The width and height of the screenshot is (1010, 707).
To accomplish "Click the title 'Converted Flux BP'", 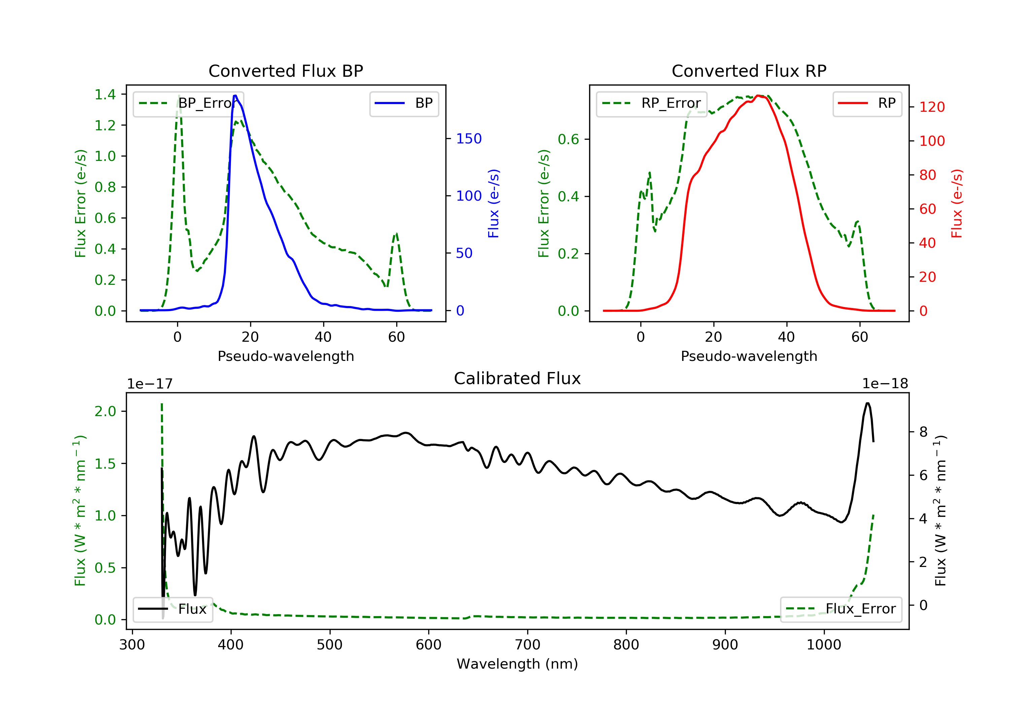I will (x=285, y=71).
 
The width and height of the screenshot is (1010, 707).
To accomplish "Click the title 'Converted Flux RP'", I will (x=749, y=71).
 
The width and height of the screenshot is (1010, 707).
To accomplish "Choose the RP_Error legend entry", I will (x=651, y=103).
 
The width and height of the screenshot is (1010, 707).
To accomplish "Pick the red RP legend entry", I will (x=867, y=103).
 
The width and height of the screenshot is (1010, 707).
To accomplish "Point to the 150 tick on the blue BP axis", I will (x=469, y=139).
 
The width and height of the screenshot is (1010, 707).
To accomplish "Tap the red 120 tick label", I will (x=932, y=107).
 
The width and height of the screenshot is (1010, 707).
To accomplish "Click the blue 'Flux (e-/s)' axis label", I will (x=494, y=203).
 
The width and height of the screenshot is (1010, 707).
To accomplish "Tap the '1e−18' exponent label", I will (x=885, y=384).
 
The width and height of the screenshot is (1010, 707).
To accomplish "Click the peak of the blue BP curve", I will (x=235, y=96).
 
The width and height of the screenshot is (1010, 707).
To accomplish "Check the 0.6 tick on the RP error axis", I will (x=568, y=139).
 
